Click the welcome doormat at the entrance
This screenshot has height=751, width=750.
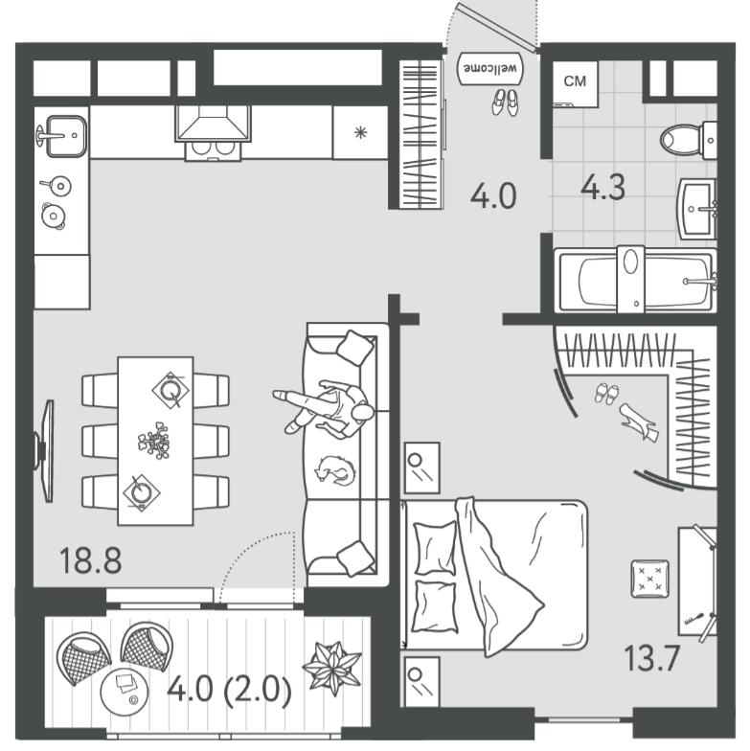[490, 69]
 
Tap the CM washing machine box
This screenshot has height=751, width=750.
[575, 83]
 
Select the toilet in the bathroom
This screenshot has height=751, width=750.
[688, 140]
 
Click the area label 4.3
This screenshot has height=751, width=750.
[603, 188]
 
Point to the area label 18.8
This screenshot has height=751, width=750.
[90, 561]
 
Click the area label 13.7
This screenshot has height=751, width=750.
[652, 658]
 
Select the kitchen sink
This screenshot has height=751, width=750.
[65, 136]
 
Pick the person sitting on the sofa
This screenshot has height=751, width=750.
[326, 407]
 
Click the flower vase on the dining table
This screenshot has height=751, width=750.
[155, 440]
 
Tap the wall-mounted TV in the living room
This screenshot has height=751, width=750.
[44, 450]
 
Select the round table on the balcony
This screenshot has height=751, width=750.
[125, 692]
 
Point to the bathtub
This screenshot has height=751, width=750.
[636, 280]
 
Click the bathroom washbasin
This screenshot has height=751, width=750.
[697, 209]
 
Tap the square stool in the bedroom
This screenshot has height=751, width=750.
[649, 579]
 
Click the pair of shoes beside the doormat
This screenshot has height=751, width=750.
[506, 102]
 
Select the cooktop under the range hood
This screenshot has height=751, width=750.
[213, 149]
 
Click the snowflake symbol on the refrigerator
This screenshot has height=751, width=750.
[360, 132]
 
